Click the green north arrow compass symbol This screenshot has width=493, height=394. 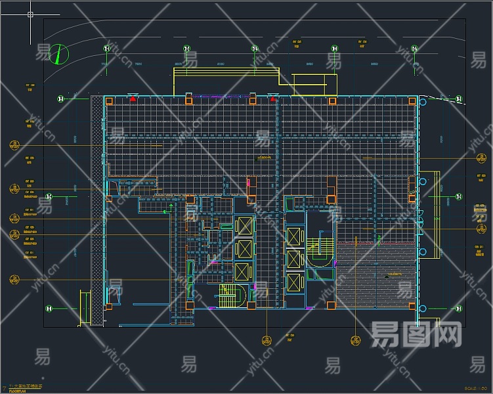pos(58,54)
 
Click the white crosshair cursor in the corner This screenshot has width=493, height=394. pos(30,14)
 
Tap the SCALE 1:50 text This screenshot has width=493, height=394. pos(476,389)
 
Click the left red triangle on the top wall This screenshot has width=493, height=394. pos(133,99)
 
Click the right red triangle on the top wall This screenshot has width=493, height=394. pos(272,99)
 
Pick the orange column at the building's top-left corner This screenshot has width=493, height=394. pos(109,101)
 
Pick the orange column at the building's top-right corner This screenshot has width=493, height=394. pos(412,101)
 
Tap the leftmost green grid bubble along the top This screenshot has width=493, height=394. pos(106,49)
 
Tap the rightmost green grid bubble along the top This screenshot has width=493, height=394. pos(414,49)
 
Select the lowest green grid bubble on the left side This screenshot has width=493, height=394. pos(49,308)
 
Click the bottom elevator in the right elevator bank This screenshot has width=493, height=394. pos(293,282)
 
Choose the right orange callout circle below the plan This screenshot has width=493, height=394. pos(356,340)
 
